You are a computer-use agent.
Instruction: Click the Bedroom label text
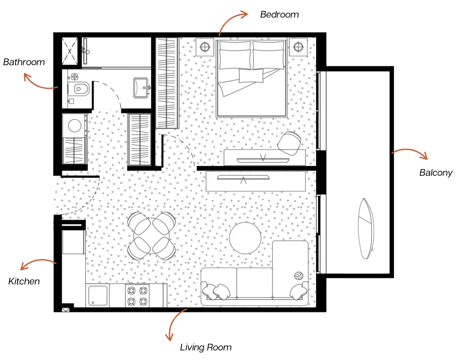click(279, 15)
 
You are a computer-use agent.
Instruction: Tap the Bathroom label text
click(24, 62)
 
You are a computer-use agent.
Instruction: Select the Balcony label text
click(436, 172)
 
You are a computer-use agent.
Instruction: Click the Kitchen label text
click(24, 281)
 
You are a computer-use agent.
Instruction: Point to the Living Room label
click(206, 347)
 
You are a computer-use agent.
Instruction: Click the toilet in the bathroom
click(80, 89)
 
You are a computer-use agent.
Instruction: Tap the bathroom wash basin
click(141, 88)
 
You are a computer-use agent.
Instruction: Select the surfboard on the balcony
click(366, 229)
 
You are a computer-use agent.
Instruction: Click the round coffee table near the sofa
click(245, 238)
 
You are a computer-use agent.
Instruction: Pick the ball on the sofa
click(299, 276)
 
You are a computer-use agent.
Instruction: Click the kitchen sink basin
click(98, 295)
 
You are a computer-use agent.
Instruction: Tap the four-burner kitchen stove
click(137, 296)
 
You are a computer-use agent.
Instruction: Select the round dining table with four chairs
click(152, 236)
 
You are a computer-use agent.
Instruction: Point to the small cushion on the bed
click(251, 76)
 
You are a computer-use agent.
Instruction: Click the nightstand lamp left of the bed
click(205, 47)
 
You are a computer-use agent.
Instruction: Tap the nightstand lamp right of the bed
click(298, 47)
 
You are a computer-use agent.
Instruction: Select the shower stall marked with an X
click(70, 51)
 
